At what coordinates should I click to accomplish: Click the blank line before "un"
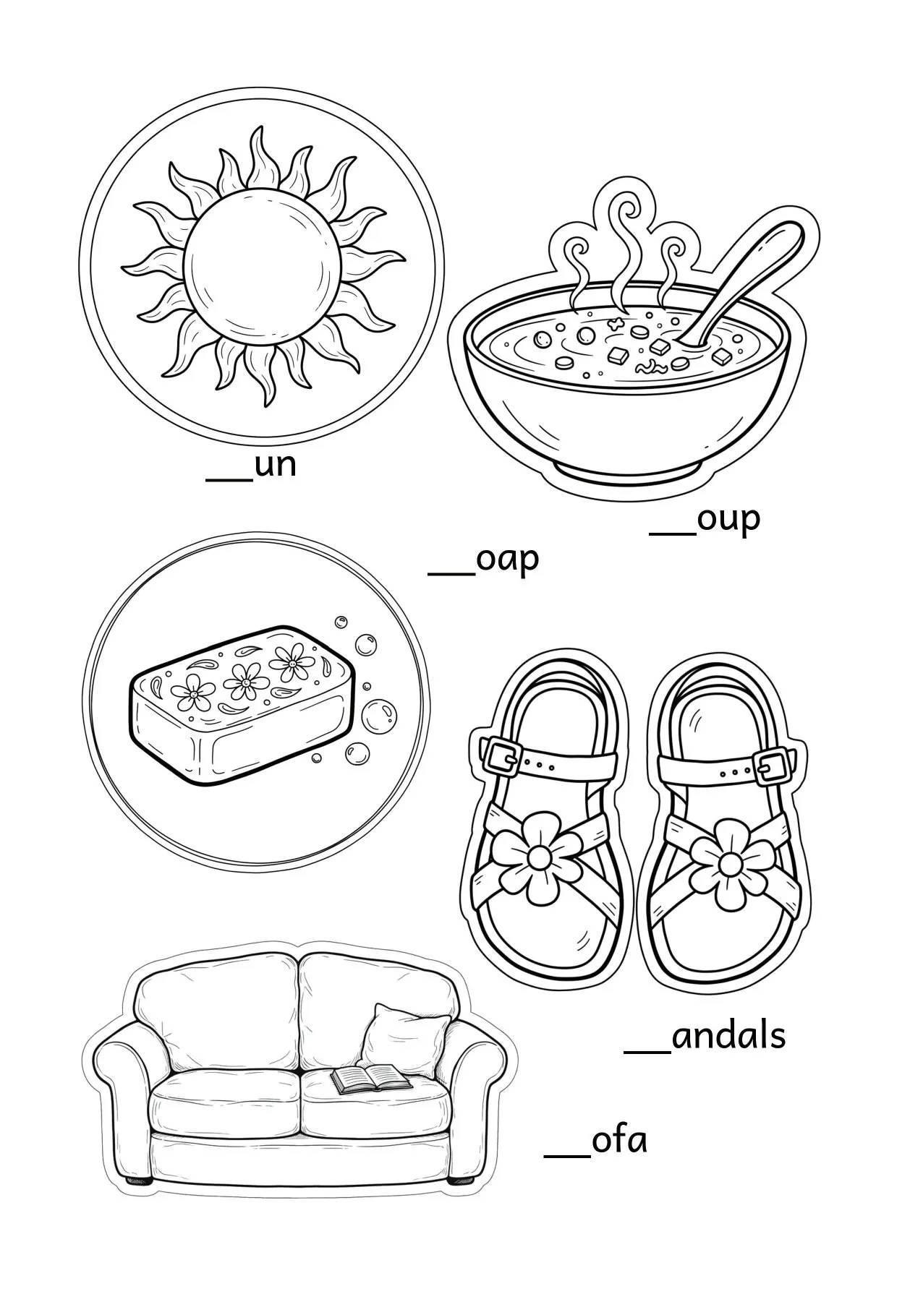coord(229,478)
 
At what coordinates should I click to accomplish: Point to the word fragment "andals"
coord(728,1036)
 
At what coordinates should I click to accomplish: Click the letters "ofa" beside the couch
coord(619,1160)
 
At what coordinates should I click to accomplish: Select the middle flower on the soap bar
coord(245,682)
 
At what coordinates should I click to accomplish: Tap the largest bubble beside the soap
coord(379,716)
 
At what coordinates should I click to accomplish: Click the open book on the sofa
coord(371,1100)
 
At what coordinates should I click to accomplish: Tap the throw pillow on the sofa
coord(399,1042)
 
